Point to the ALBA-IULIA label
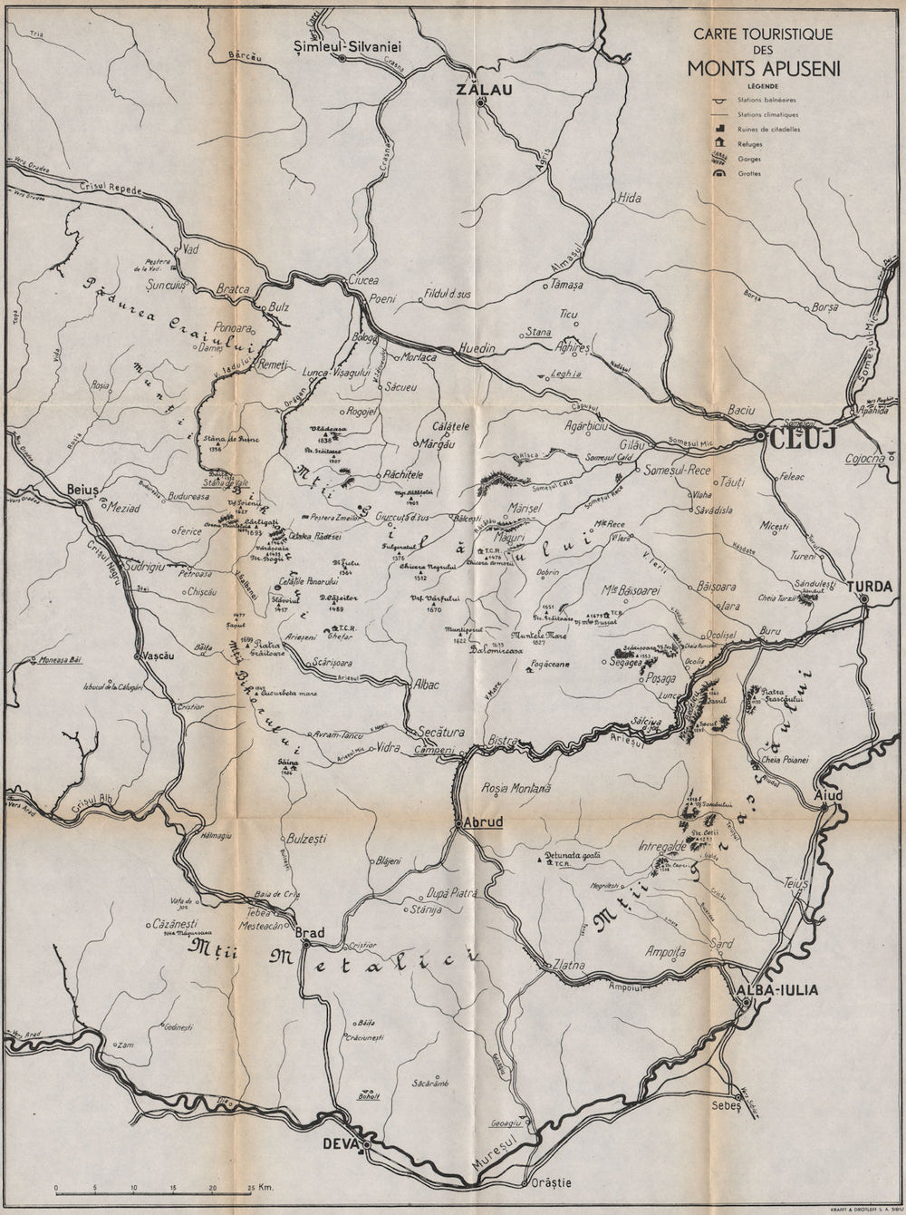tap(778, 990)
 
